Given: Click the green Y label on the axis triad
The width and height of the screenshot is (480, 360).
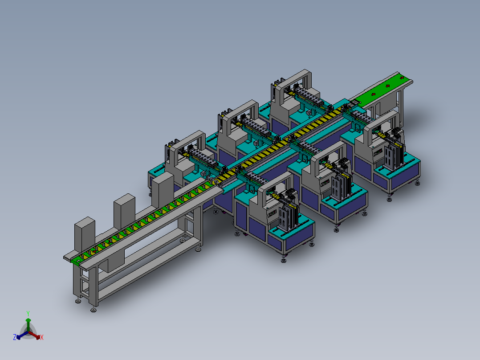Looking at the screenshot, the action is click(x=28, y=313).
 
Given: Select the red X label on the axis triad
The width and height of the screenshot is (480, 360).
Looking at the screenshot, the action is click(x=42, y=337).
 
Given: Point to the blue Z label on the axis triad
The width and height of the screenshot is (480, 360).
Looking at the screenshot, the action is click(x=15, y=337).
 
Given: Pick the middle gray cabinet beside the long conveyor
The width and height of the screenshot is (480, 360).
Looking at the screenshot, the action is click(x=124, y=210).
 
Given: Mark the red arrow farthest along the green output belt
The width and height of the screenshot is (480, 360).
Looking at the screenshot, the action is click(x=402, y=78).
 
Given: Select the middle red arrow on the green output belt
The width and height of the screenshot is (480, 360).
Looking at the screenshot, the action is click(x=387, y=86).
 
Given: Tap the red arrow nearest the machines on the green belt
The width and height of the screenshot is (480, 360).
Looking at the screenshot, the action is click(x=373, y=94).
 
